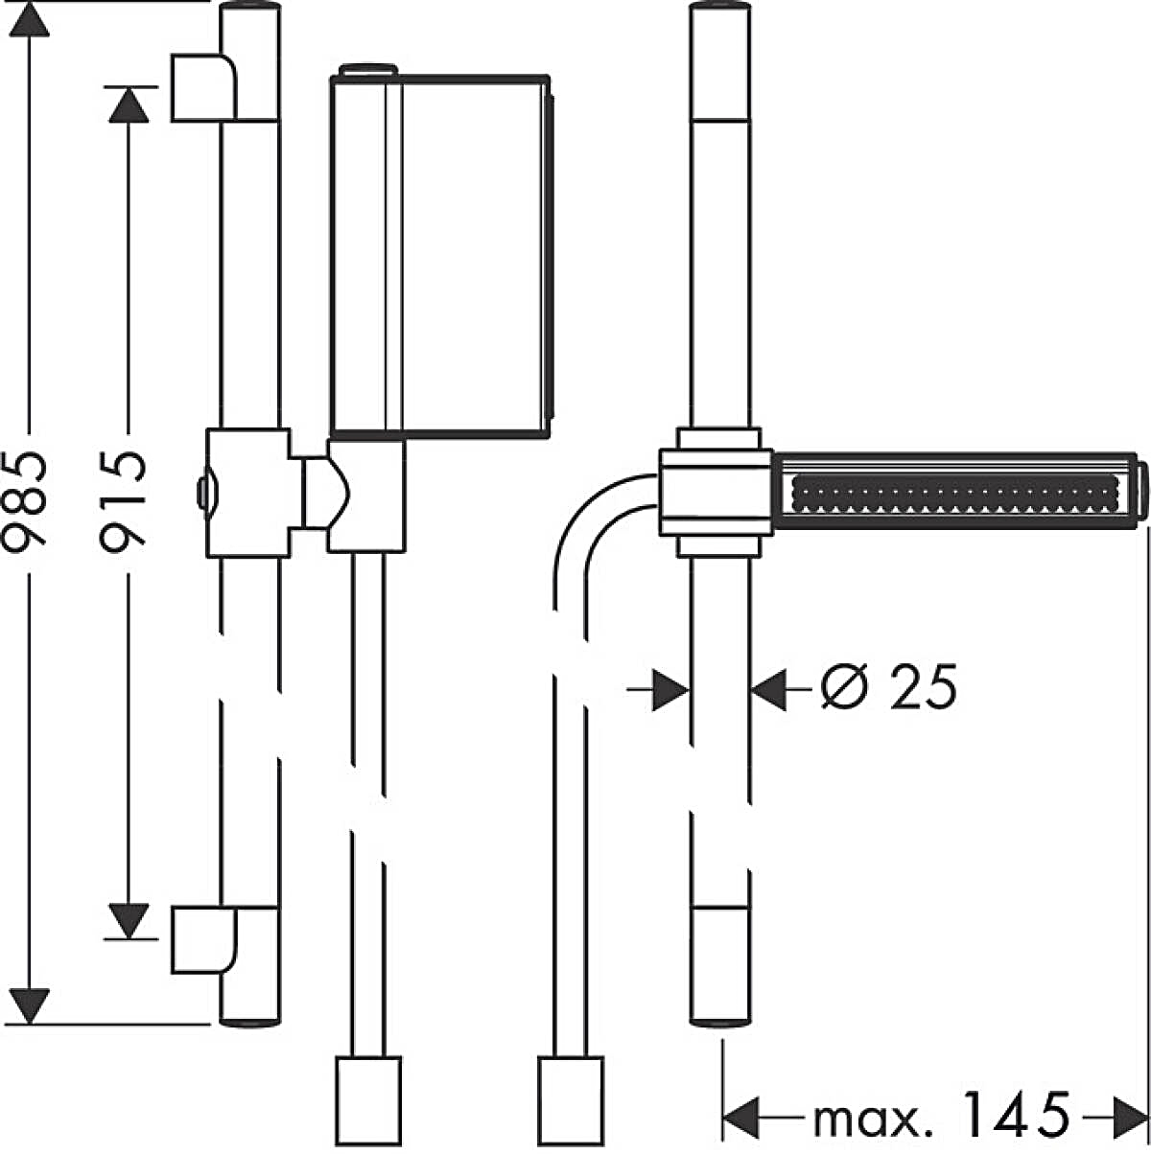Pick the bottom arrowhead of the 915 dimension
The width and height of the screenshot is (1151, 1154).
(x=129, y=920)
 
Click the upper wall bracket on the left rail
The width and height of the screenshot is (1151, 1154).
(x=204, y=88)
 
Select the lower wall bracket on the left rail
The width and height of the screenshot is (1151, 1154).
(x=204, y=939)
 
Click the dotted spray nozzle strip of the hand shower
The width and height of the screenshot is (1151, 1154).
(x=953, y=495)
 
